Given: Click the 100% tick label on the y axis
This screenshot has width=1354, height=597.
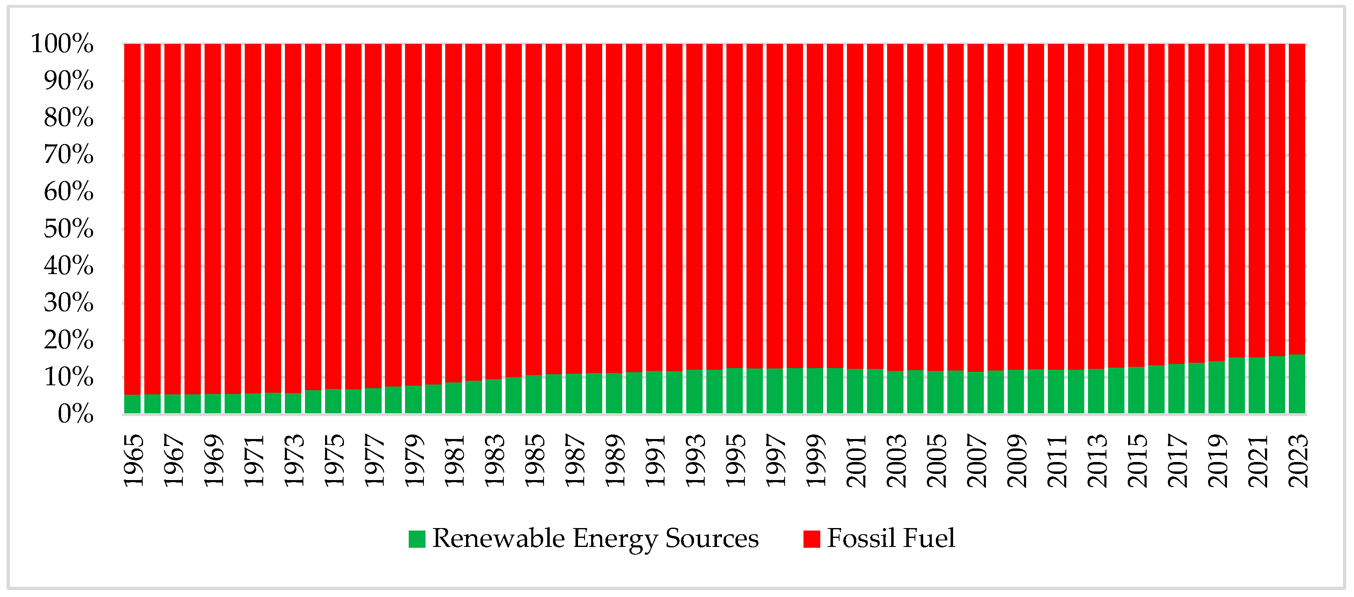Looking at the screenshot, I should tap(62, 43).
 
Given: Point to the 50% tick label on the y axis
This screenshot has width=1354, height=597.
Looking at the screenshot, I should tap(68, 229).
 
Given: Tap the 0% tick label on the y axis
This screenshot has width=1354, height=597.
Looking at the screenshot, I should tap(75, 414).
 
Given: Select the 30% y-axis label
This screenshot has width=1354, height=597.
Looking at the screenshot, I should tap(68, 303).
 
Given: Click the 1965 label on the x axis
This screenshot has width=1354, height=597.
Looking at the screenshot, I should tap(133, 460).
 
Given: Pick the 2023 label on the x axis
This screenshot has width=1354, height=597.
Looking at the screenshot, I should tap(1298, 460).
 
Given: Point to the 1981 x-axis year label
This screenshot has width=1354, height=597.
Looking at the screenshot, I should tap(454, 460).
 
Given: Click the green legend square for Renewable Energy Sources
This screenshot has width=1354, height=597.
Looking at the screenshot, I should tap(417, 539).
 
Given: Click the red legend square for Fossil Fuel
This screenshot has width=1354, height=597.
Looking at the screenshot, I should tap(812, 539).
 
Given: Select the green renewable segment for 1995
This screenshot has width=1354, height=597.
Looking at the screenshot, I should tap(734, 390).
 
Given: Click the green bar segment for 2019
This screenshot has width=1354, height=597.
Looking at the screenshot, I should tap(1216, 387).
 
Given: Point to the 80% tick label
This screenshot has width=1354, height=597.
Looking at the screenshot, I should tap(68, 118).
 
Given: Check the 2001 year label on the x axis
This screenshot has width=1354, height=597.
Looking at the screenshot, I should tap(856, 460).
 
